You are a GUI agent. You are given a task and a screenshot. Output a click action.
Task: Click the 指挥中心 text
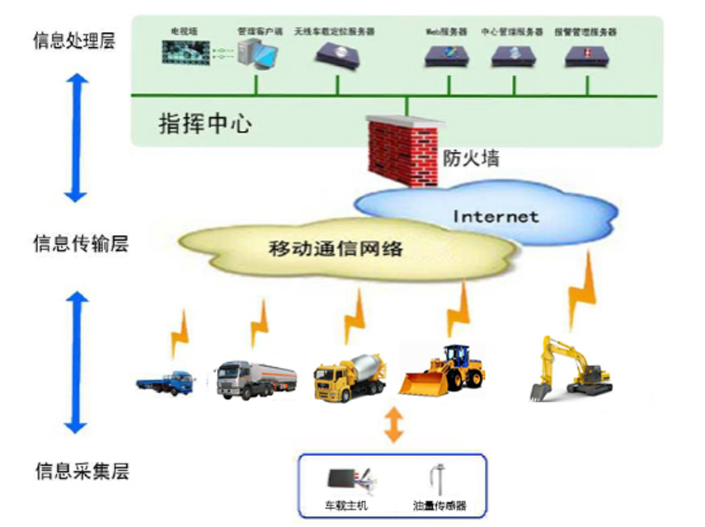tap(204, 125)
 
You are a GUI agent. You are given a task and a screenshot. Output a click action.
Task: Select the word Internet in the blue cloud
tap(496, 217)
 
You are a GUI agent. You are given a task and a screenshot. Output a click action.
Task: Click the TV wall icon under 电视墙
tap(186, 53)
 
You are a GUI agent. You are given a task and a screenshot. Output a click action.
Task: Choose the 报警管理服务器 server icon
tap(587, 55)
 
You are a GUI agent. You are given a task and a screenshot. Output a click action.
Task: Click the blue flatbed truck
tap(166, 381)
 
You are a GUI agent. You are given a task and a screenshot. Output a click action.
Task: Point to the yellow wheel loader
tap(446, 370)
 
